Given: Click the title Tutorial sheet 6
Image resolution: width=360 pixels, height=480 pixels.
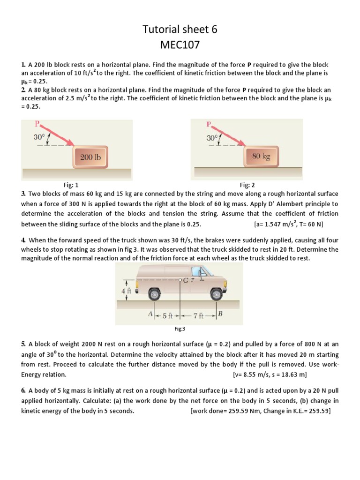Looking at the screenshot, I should point(180,30).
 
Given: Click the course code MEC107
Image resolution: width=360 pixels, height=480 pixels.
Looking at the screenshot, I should point(180,46).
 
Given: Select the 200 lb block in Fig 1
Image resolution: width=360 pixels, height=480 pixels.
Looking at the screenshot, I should point(90,157).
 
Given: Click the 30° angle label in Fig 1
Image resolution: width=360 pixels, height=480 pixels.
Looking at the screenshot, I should point(39,137).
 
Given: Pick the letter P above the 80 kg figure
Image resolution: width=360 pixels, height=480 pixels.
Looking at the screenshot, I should point(209,125).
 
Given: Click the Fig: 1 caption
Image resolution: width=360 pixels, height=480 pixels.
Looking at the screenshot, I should point(74,185).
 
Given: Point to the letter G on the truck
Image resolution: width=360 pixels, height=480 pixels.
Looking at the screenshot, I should point(187,280).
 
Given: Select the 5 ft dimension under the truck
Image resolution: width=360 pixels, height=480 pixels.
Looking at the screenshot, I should point(168,316).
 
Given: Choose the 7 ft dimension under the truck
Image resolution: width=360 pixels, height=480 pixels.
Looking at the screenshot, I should point(199,316).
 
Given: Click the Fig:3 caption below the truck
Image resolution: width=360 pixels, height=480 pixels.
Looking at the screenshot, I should point(180,329).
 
